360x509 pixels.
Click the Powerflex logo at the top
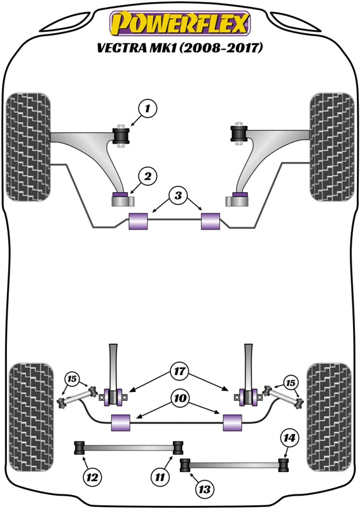[x=180, y=25]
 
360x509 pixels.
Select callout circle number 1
[x=148, y=109]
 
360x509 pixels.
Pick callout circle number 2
[x=147, y=176]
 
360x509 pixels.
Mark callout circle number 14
[x=289, y=438]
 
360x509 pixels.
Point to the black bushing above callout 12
[x=80, y=448]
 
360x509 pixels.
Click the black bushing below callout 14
[x=284, y=463]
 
